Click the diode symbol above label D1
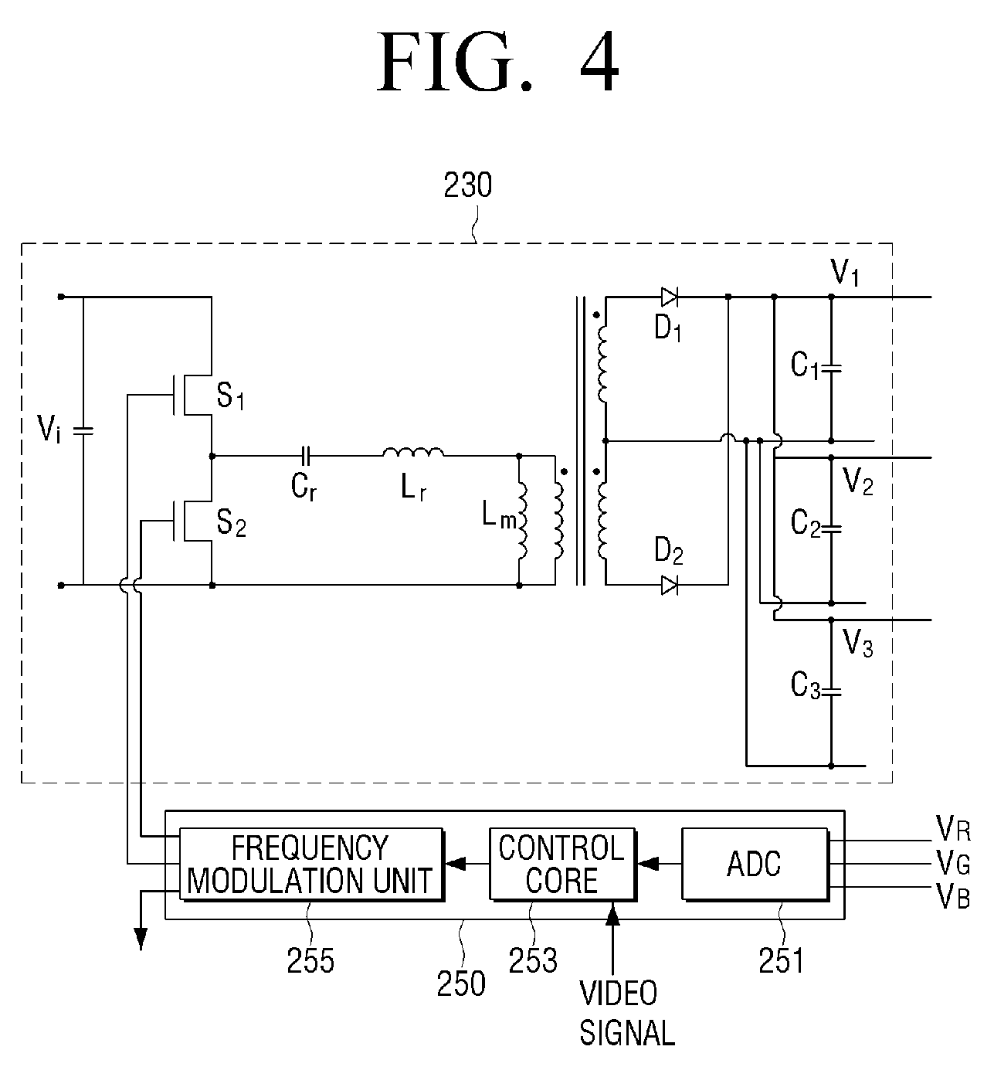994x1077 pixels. click(669, 297)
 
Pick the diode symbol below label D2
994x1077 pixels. click(669, 585)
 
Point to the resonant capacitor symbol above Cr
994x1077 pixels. click(306, 456)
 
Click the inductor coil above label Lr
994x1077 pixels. click(413, 452)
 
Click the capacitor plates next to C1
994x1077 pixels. click(831, 369)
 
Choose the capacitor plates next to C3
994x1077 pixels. click(831, 691)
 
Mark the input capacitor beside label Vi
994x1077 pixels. click(83, 431)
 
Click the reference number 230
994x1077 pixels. click(468, 185)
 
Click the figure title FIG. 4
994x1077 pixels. click(498, 62)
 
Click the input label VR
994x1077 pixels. click(953, 828)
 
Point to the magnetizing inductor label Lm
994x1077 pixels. click(499, 516)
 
